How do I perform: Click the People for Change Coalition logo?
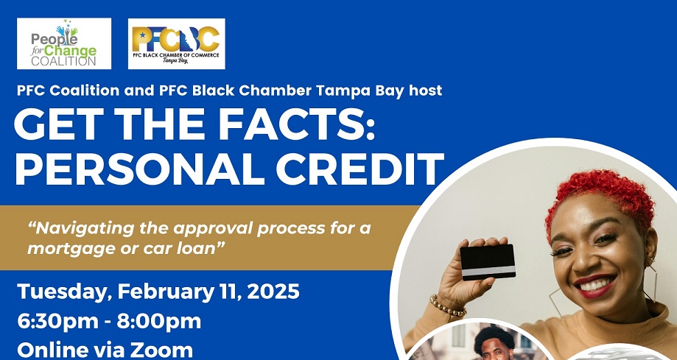pyautogui.click(x=64, y=43)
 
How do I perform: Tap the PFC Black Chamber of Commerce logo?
pyautogui.click(x=176, y=43)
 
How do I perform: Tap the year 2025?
pyautogui.click(x=274, y=292)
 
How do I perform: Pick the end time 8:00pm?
pyautogui.click(x=159, y=322)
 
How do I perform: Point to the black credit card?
pyautogui.click(x=488, y=262)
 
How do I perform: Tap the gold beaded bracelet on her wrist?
pyautogui.click(x=447, y=306)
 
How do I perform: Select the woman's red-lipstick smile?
pyautogui.click(x=594, y=285)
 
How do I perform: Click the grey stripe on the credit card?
pyautogui.click(x=488, y=271)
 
